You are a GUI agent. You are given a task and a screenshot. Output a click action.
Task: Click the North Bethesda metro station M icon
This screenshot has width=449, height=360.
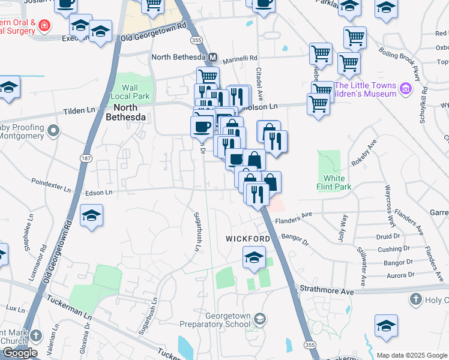pos(212,58)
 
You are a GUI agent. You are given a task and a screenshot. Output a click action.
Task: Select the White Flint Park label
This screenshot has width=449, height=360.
pos(334,182)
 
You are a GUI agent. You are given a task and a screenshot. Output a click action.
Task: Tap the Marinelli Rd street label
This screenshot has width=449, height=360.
pos(240,58)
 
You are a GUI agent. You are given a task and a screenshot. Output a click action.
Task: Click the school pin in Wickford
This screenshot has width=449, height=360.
pos(254,259)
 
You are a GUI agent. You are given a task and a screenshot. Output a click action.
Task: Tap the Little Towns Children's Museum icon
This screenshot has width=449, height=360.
pos(406,89)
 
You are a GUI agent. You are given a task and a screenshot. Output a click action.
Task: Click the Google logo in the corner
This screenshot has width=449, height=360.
pos(20,353)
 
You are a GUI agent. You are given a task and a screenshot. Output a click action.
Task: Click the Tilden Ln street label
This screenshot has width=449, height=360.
pos(80,112)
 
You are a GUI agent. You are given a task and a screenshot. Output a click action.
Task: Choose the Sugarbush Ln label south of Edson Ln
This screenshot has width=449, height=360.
pos(197,231)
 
